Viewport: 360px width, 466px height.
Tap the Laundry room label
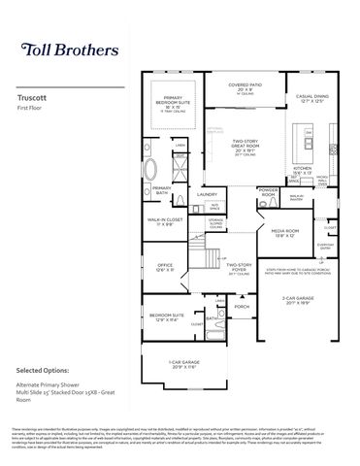tap(206, 194)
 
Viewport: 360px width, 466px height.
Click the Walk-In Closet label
tap(165, 221)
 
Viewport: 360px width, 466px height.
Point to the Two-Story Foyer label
tap(240, 267)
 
